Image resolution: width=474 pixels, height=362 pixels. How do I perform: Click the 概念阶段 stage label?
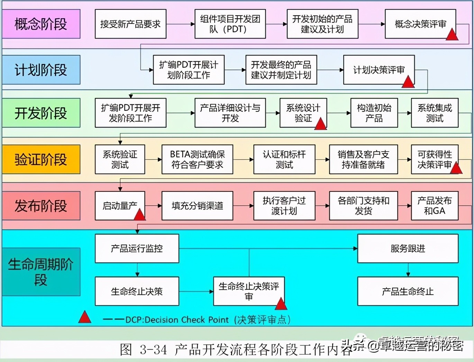click(x=41, y=24)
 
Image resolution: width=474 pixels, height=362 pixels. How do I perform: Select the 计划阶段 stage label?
click(x=41, y=70)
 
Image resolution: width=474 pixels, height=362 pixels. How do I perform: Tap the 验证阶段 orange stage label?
click(x=41, y=160)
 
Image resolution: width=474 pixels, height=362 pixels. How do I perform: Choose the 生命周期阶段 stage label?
click(x=41, y=272)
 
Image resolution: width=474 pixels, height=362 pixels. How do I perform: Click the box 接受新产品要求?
click(x=130, y=24)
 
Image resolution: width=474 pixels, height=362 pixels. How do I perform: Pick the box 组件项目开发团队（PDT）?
click(x=230, y=24)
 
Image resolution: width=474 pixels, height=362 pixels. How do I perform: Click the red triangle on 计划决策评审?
click(x=408, y=82)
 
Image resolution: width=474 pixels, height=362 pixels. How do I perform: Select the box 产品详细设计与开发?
click(x=230, y=113)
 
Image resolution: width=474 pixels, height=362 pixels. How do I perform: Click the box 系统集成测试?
click(x=435, y=113)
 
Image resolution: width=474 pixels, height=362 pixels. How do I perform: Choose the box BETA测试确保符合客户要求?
click(x=197, y=159)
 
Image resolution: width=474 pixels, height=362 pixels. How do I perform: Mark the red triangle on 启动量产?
click(x=139, y=215)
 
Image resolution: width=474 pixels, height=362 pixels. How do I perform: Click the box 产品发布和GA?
click(x=435, y=206)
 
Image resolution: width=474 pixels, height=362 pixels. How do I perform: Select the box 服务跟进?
click(x=408, y=248)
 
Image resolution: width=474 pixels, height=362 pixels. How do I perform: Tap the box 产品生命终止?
click(x=408, y=291)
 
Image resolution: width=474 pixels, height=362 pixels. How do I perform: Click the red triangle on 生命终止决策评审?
click(x=281, y=304)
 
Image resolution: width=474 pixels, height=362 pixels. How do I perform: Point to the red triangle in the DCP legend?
click(x=85, y=317)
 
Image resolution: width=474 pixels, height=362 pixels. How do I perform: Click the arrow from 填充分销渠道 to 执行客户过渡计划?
click(x=243, y=206)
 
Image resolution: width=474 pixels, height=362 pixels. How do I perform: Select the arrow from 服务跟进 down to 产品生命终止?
click(x=408, y=270)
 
